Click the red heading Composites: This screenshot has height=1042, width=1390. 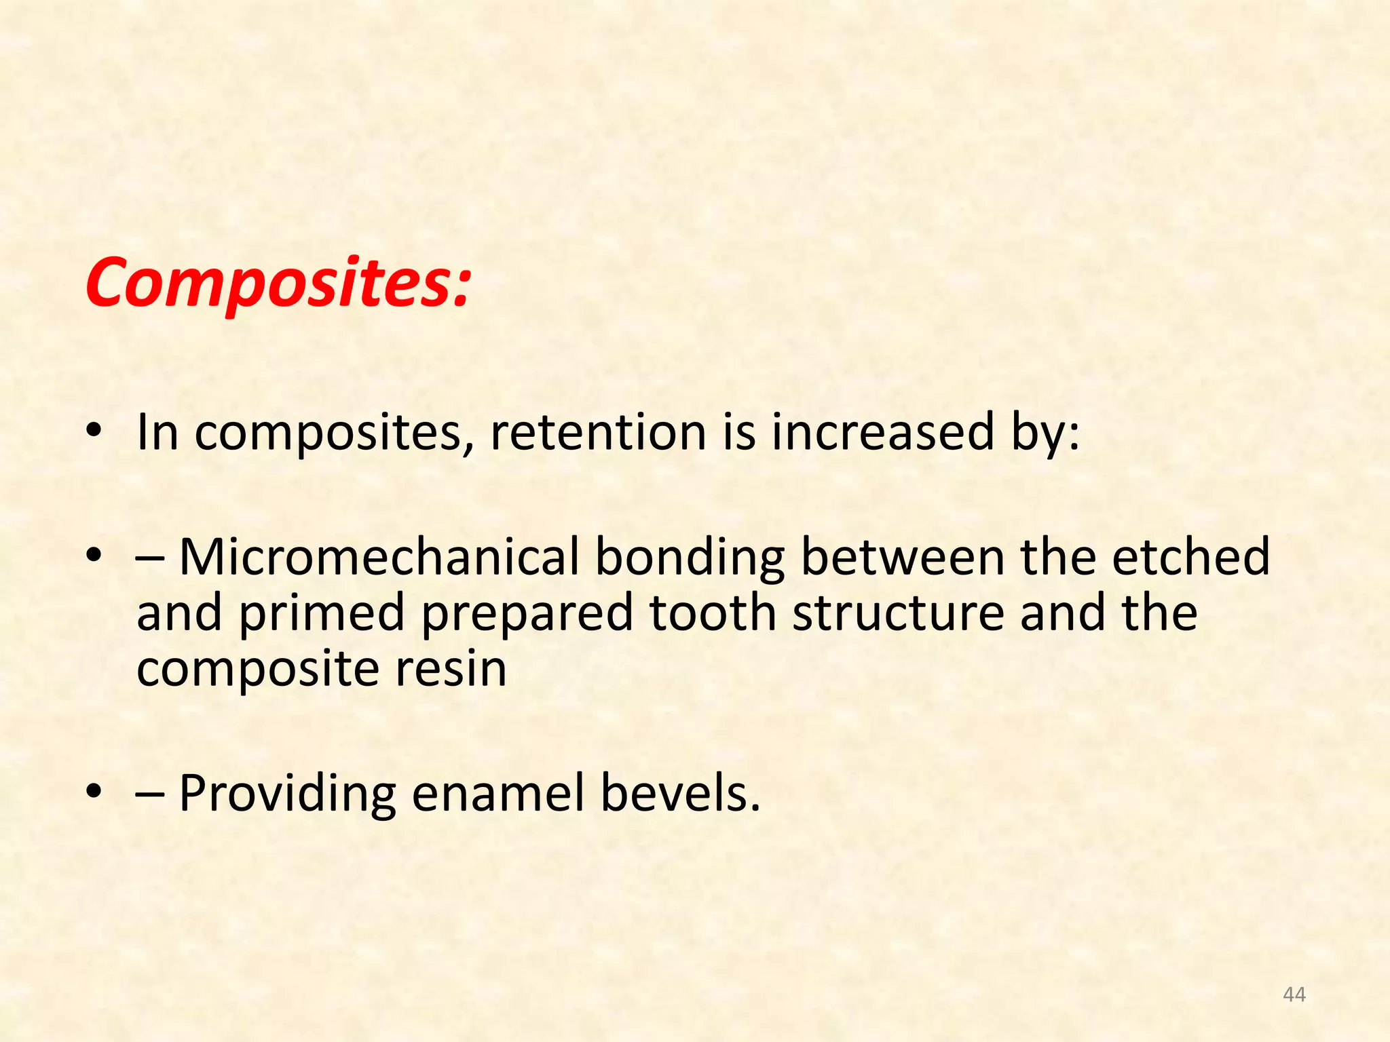pyautogui.click(x=278, y=283)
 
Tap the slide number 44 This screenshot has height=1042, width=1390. pyautogui.click(x=1294, y=995)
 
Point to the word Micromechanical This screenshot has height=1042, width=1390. pyautogui.click(x=380, y=557)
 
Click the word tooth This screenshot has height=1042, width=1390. pyautogui.click(x=713, y=613)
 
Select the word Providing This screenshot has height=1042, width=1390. pyautogui.click(x=287, y=794)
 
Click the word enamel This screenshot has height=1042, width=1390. pyautogui.click(x=497, y=793)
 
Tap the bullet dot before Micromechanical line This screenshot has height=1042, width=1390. pyautogui.click(x=94, y=556)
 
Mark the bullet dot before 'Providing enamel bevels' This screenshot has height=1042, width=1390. pyautogui.click(x=94, y=791)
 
